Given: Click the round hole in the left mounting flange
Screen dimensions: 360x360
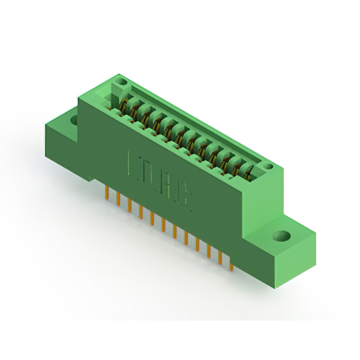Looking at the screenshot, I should point(73,119).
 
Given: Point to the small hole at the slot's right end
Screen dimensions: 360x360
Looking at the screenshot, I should point(268,166).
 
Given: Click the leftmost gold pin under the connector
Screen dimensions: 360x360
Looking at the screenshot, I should point(106,193).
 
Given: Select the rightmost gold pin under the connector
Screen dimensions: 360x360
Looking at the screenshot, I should point(231,262).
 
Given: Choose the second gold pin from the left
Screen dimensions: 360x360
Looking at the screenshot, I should point(117,200).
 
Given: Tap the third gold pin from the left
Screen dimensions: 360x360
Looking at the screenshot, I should point(129,206).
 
